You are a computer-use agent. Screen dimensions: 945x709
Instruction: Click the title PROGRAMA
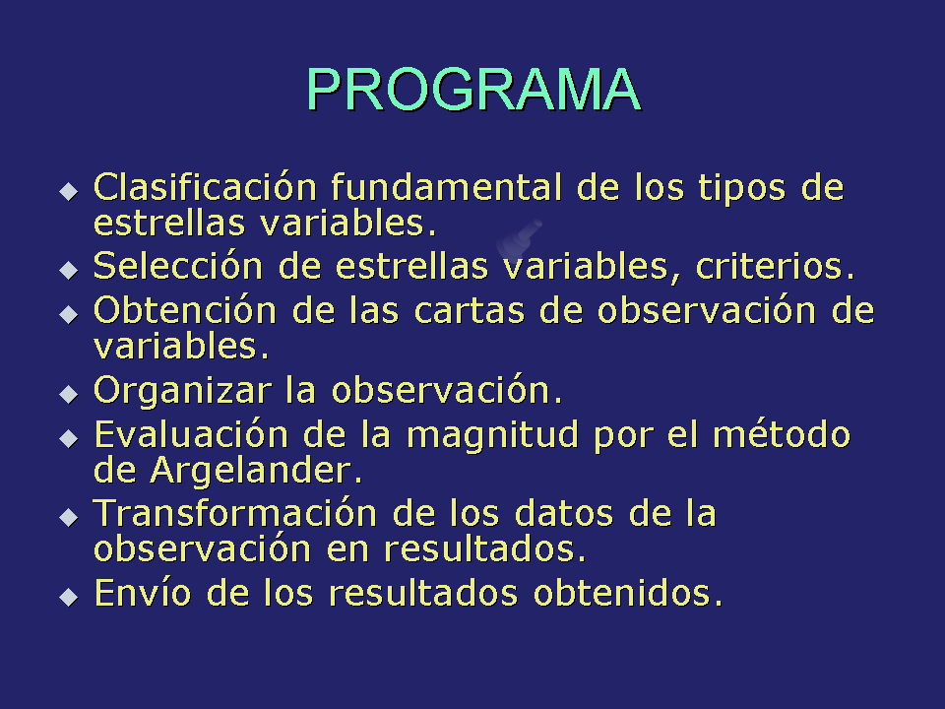point(473,90)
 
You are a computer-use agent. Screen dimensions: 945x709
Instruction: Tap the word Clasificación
point(205,187)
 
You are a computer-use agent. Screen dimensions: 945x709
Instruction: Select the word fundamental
point(447,187)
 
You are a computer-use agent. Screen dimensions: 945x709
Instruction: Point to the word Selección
point(178,265)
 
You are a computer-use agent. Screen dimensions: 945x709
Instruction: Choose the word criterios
point(776,266)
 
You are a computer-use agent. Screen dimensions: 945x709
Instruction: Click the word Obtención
point(185,310)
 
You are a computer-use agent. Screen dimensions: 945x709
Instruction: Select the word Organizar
point(183,392)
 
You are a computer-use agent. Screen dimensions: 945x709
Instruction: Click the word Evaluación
point(191,434)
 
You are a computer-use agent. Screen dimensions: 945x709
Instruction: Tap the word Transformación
point(235,514)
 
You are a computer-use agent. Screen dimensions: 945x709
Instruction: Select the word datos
point(563,514)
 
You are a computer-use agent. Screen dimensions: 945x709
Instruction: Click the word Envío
point(143,593)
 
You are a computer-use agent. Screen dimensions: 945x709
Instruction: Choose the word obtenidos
point(628,593)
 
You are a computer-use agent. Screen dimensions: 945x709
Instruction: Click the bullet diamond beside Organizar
point(69,395)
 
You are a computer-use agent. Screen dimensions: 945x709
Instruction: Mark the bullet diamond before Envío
point(69,598)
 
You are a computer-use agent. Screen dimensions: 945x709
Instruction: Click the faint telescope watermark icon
point(519,238)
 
